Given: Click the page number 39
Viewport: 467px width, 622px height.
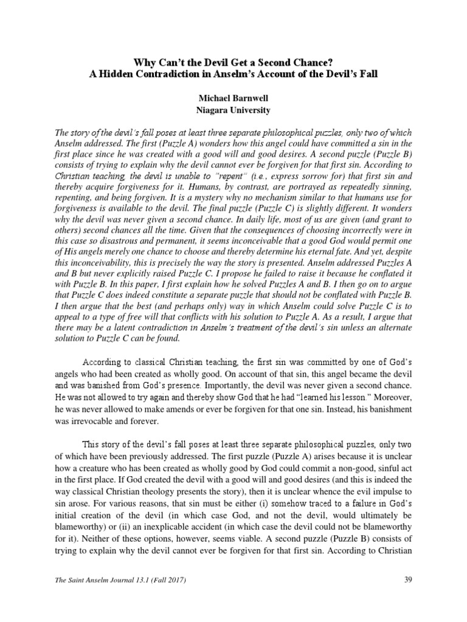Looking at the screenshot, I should pyautogui.click(x=408, y=579).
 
